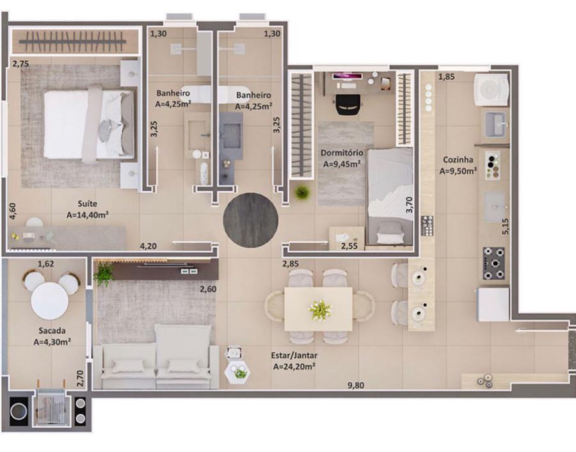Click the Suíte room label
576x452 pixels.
pos(88,203)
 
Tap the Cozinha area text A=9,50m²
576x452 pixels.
pos(458,171)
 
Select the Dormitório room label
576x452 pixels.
pos(342,152)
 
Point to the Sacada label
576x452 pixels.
pos(52,330)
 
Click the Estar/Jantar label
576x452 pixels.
pos(294,355)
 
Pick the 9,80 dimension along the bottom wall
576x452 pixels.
pos(356,385)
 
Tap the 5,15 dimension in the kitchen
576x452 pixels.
pos(506,227)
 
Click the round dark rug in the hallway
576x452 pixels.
pos(250,220)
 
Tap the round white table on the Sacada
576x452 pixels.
pos(49,302)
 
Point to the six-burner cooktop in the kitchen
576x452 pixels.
pos(493,263)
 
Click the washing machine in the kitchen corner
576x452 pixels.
pos(491,89)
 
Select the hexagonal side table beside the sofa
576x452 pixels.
pos(237,373)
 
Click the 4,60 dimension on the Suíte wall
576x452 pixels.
pos(13,211)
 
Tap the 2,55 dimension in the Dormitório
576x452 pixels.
pos(349,246)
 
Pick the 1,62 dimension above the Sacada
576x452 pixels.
pos(46,264)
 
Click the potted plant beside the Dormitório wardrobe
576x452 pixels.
pos(302,192)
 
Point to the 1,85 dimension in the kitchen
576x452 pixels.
pos(446,77)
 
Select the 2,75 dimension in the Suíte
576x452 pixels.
pos(20,63)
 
